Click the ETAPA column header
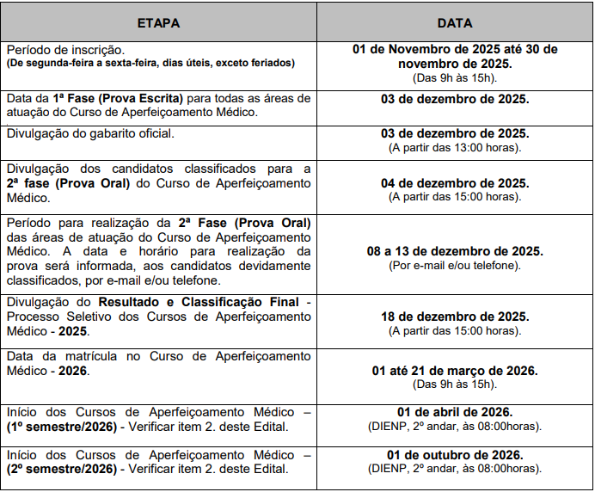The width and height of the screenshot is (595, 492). (x=158, y=23)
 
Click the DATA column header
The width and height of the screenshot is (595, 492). (x=454, y=23)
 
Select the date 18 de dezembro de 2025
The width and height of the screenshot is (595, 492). (x=455, y=317)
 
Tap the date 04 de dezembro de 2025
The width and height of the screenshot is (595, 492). (x=455, y=183)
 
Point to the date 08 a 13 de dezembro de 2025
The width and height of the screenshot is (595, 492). (x=455, y=250)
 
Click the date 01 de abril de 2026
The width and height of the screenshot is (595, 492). (x=455, y=411)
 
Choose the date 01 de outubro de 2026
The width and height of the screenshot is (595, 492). (x=455, y=455)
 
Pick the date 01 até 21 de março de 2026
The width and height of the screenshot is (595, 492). (x=455, y=370)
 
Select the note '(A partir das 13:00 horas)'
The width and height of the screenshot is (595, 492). (x=455, y=147)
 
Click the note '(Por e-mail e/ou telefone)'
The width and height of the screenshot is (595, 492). (x=455, y=264)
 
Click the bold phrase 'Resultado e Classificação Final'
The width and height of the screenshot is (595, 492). (x=198, y=303)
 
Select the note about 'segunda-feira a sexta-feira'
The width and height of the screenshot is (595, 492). (x=150, y=64)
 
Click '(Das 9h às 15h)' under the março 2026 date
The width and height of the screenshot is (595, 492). (x=455, y=384)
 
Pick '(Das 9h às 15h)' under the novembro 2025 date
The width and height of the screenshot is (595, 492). (x=455, y=77)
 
